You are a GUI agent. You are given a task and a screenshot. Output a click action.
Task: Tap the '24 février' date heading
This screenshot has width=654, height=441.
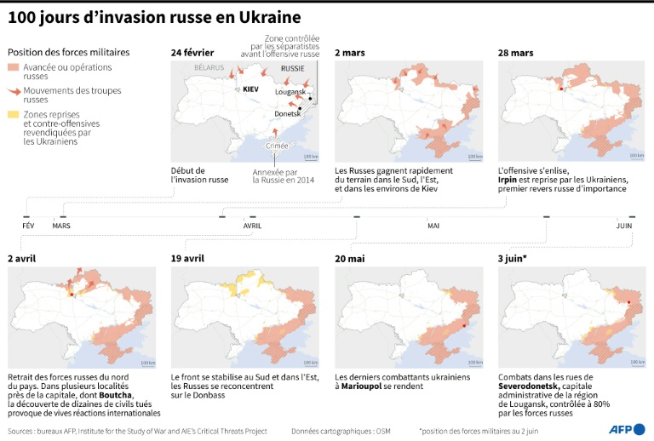click(192, 53)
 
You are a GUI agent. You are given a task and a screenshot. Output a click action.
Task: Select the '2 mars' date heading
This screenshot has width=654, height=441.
click(350, 53)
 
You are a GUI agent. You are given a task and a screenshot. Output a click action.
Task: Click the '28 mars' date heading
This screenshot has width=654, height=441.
click(516, 53)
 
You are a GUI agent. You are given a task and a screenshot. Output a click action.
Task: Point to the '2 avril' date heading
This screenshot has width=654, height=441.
click(22, 258)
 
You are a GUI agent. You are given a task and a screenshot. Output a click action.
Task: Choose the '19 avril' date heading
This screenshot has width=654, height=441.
click(188, 258)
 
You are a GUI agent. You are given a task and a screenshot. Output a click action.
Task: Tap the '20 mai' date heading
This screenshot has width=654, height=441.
click(350, 258)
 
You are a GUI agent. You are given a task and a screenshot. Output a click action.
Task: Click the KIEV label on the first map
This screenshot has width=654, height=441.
click(250, 88)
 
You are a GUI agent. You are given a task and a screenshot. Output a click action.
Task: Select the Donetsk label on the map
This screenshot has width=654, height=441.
click(286, 113)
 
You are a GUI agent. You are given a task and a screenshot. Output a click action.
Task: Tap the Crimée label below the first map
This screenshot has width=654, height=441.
click(278, 146)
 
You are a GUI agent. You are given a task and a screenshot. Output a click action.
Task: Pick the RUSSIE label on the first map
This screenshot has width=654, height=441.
click(292, 67)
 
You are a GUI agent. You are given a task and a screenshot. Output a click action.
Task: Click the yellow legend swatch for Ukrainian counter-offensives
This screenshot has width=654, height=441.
click(12, 113)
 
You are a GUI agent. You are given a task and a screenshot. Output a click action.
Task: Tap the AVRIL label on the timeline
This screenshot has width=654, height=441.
click(253, 226)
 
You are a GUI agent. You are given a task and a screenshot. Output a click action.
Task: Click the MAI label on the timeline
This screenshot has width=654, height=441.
click(433, 226)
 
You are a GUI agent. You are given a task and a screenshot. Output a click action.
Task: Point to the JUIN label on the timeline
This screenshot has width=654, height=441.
click(624, 226)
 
